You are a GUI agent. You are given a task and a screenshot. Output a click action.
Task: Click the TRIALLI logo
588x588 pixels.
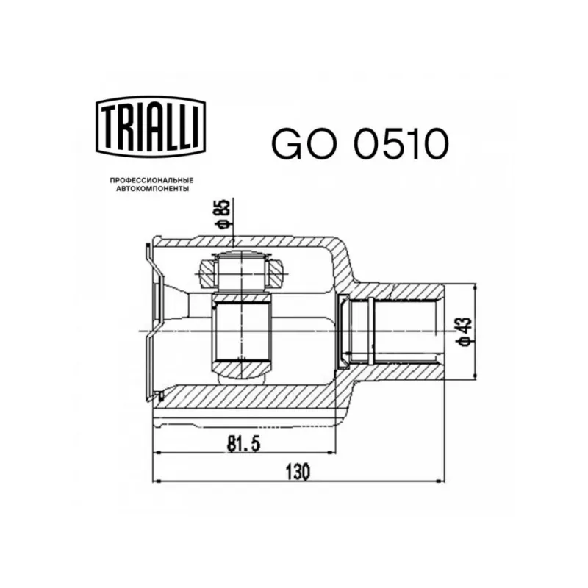(x=151, y=126)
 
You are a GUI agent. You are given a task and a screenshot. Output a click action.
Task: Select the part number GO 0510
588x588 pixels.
(x=360, y=143)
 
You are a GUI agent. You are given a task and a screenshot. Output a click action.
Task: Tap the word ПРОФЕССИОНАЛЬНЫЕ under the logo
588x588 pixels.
(x=151, y=180)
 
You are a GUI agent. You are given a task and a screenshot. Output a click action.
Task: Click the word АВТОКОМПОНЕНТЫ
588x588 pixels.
(x=152, y=189)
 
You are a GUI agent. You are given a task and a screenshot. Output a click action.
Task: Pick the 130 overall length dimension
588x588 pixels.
(x=298, y=472)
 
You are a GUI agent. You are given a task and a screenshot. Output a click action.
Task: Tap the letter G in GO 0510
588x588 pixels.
(x=287, y=143)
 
